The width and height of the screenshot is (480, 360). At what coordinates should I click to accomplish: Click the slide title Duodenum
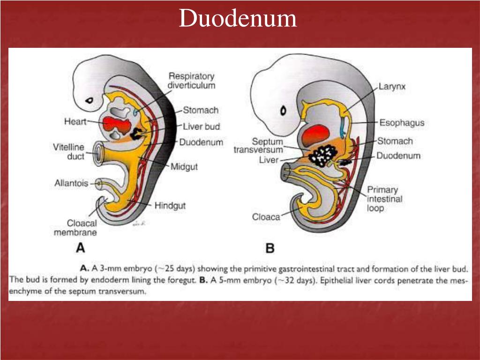coord(238,19)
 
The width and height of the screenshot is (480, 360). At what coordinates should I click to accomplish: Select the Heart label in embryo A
coord(75,122)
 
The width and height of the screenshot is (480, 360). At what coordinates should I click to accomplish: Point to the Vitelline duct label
coord(68,152)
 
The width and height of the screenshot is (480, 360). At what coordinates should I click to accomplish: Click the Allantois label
coord(71,183)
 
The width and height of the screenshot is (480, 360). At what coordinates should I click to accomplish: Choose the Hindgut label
coord(170,205)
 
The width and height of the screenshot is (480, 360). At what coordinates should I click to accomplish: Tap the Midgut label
coord(184,166)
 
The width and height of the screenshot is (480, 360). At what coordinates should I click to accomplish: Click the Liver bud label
coord(201,127)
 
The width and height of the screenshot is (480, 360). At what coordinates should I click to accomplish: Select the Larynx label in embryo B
coord(392,87)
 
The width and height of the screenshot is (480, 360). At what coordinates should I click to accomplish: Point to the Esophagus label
coord(401,123)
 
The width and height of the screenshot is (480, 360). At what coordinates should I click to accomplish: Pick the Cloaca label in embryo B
coord(266,217)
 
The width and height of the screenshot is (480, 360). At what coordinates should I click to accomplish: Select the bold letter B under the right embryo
coord(270,248)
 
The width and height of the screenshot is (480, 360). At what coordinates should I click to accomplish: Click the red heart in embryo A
coord(116,125)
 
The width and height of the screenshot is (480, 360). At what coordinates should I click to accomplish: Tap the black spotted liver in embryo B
coord(324,155)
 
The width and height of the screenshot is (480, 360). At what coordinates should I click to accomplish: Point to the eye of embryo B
coord(284,111)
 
